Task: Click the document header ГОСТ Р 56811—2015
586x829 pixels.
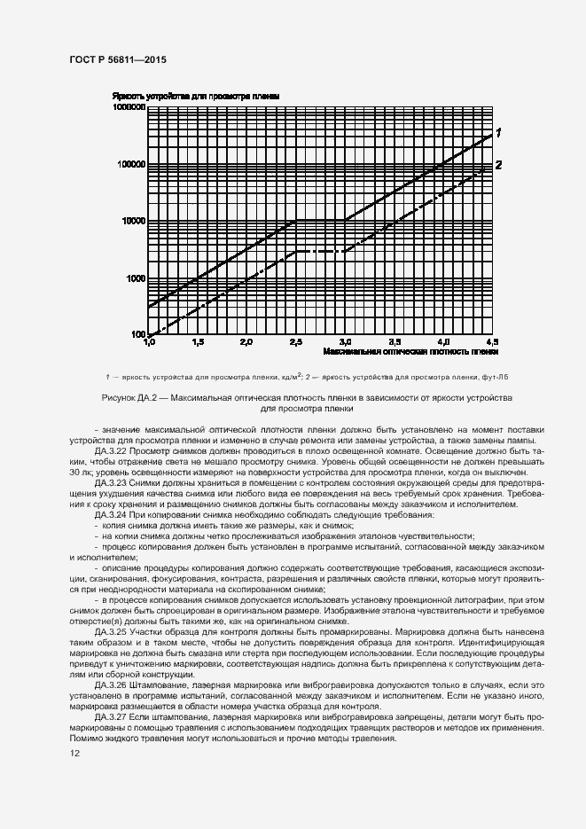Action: [117, 59]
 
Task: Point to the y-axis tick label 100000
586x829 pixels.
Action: [130, 164]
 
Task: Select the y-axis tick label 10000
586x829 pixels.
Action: [132, 221]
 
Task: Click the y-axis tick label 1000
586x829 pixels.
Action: [135, 278]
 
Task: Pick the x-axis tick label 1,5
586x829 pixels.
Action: [197, 342]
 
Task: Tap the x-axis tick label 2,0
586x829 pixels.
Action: [246, 342]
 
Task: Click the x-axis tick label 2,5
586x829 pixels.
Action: [295, 342]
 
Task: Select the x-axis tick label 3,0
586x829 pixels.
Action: [345, 342]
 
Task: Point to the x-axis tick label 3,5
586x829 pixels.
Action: [395, 342]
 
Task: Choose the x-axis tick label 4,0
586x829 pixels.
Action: [443, 342]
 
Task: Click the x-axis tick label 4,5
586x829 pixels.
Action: [492, 342]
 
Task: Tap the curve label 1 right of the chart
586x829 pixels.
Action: [499, 133]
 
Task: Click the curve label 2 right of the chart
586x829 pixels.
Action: [499, 164]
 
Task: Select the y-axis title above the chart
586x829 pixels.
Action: [196, 95]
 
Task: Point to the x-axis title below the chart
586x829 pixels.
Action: [411, 352]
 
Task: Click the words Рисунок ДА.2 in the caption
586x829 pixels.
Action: [128, 398]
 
